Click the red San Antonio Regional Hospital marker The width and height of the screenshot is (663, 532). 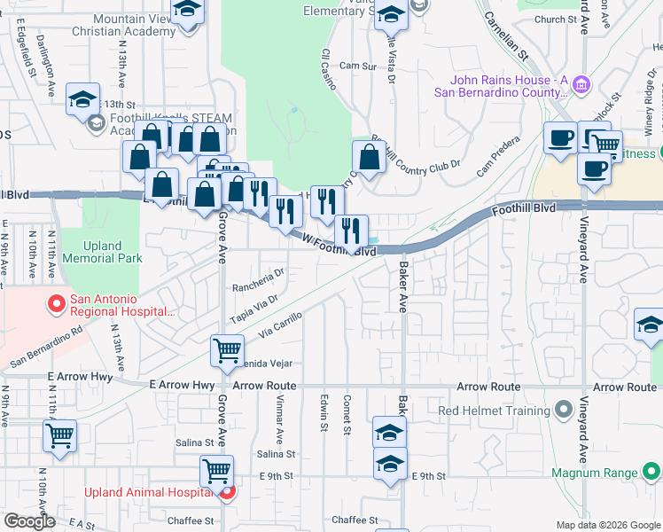[x=56, y=305]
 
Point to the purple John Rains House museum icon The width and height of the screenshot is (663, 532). [x=581, y=85]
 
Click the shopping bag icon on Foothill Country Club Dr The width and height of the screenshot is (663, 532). [x=369, y=158]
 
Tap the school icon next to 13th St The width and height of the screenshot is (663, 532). [x=82, y=100]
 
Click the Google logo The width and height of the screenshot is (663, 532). [x=29, y=521]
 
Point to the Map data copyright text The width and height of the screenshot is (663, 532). [x=608, y=525]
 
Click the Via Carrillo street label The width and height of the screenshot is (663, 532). [x=281, y=328]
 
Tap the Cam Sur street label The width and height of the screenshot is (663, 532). [x=357, y=66]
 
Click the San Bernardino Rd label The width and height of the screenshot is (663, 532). [x=46, y=347]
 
